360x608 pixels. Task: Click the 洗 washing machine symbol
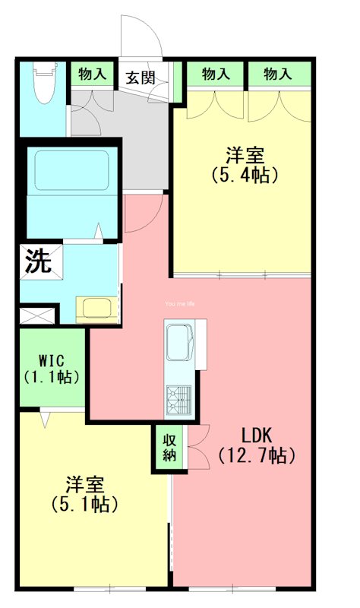[x=37, y=261]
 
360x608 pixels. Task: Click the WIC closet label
[x=52, y=359]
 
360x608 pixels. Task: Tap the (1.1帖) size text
[x=52, y=375]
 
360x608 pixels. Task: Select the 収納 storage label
[x=169, y=448]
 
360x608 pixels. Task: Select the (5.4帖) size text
[x=245, y=174]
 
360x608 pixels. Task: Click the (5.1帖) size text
[x=84, y=503]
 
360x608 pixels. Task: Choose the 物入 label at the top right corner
[x=278, y=74]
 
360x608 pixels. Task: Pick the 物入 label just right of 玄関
[x=216, y=74]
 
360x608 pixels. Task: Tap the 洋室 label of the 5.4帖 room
[x=245, y=155]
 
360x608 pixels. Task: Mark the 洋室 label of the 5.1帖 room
[x=84, y=484]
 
